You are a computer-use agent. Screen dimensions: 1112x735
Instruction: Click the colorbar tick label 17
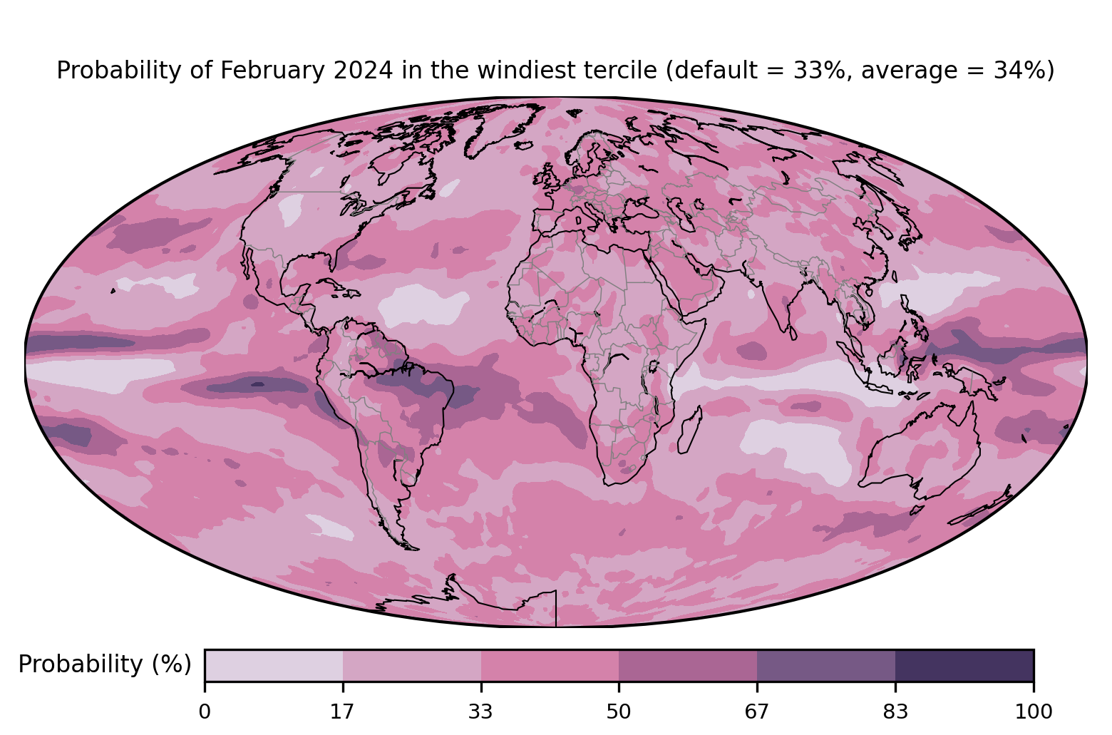342,712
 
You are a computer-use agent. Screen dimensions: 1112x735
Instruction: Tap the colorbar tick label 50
619,712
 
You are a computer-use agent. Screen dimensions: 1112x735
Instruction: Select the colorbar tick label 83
895,712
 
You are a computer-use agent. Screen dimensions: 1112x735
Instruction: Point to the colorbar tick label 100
1034,712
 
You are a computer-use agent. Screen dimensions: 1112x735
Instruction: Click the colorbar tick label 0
205,712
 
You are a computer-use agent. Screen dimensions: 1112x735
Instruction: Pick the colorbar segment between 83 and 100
964,665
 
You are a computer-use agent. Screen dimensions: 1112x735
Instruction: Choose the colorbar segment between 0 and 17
274,665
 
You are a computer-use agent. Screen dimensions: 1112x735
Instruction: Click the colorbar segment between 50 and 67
688,665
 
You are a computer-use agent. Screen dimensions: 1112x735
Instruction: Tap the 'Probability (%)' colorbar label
105,664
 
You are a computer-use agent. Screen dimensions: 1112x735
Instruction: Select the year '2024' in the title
364,70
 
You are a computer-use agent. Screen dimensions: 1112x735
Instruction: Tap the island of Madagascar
690,430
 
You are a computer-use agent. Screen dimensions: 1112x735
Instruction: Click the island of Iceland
524,145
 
